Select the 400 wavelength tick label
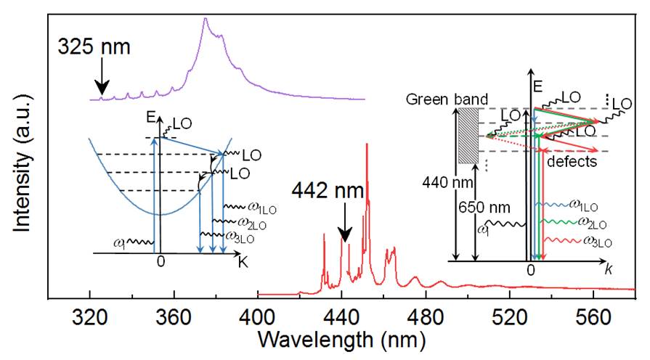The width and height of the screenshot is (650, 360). [x=258, y=319]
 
